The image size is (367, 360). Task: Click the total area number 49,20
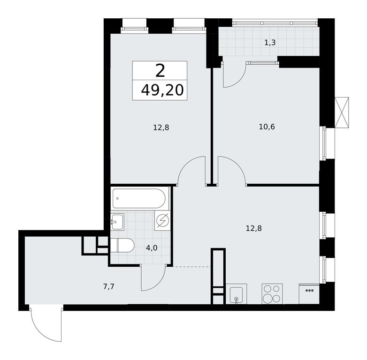pos(162,90)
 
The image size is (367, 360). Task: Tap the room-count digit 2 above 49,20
pos(160,71)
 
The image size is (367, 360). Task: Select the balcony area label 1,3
pos(270,43)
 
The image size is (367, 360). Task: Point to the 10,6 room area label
pos(267,127)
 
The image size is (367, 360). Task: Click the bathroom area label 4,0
pos(152,248)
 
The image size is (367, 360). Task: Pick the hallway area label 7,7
pos(108,286)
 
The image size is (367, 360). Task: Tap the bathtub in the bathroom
pos(139,198)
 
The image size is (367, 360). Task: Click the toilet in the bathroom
pos(122,246)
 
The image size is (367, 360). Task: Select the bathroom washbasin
pos(117,222)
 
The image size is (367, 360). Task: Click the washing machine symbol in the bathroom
pos(162,220)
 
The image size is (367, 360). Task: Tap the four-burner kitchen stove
pos(272,294)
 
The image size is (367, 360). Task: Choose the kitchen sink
pos(237,294)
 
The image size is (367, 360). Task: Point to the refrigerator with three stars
pos(309,294)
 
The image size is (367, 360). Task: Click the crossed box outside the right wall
pos(342,112)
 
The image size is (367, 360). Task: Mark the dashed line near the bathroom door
pos(192,267)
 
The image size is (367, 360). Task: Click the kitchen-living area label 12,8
pos(254,228)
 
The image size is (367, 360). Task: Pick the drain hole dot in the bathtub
pos(117,198)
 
